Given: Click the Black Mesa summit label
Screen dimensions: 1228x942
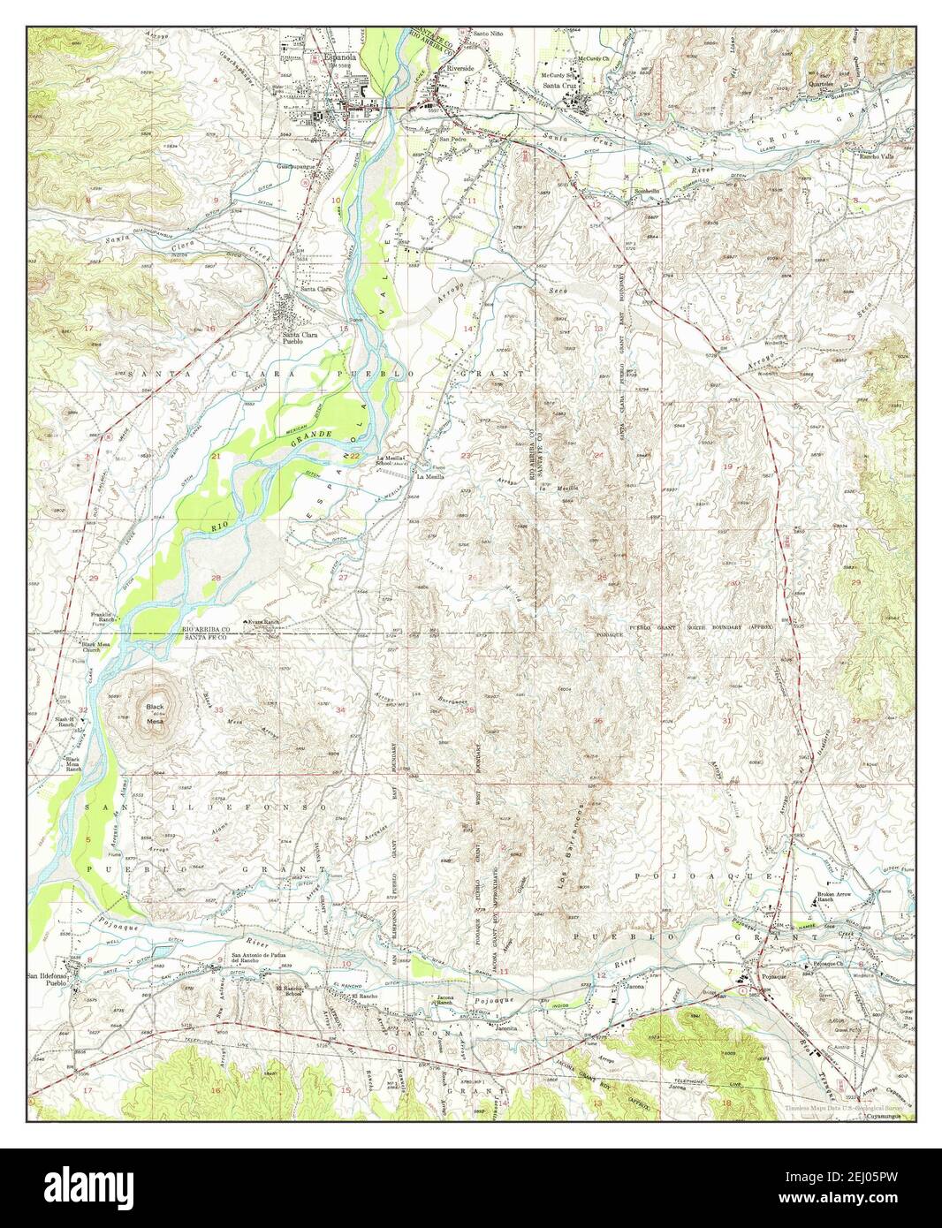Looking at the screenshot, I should click(156, 714).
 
